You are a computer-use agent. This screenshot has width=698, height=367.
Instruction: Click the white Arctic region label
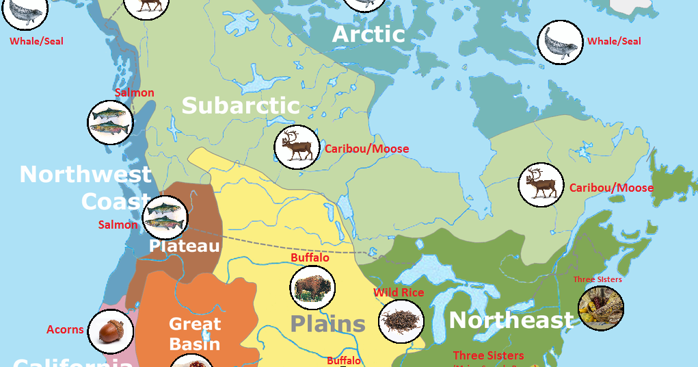coord(368,34)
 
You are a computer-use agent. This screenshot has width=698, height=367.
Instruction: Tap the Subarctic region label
coord(241,105)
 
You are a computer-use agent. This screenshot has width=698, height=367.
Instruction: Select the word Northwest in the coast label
coord(85,174)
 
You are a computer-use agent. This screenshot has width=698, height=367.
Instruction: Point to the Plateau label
coord(185,246)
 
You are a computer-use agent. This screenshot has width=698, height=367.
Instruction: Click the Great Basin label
coord(195,333)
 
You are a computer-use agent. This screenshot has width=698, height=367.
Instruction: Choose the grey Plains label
coord(327,322)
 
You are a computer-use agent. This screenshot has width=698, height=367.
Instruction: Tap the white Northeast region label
coord(511,320)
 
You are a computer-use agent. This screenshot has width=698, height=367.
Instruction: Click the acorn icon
coord(110,331)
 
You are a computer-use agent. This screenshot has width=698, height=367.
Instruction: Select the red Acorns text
coord(65,329)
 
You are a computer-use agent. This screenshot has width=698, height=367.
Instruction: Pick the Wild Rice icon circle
coord(401,321)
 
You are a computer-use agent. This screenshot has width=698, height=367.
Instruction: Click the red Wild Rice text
coord(399,292)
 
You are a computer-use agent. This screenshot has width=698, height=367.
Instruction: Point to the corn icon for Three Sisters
coord(601,307)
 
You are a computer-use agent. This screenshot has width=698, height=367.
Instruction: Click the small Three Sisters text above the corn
coord(598,279)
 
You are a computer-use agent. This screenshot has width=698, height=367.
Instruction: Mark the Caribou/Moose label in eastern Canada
coord(611,188)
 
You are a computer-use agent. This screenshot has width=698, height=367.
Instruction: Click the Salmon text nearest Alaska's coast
coord(135,92)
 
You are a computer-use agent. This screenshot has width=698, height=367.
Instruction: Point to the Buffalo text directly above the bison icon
coord(310,257)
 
